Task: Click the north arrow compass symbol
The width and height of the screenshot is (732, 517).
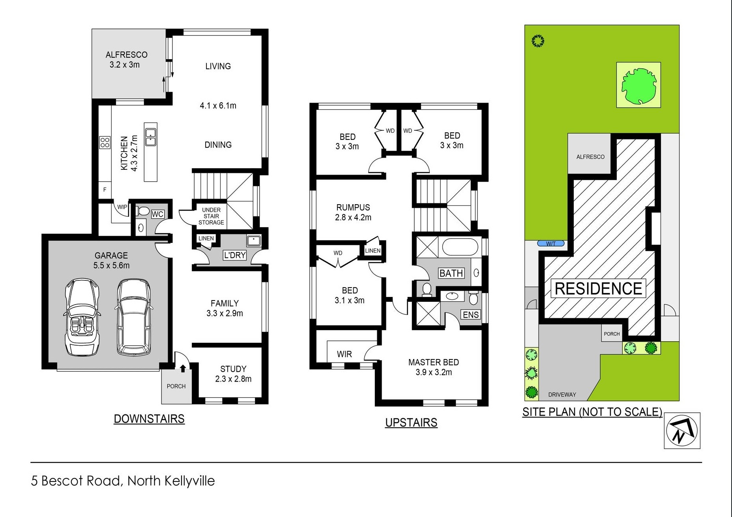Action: (681, 431)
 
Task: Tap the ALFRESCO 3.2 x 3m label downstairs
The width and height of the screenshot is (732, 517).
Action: (126, 60)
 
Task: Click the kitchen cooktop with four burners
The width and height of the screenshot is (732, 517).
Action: (105, 142)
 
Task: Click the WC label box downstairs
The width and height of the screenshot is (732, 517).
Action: (157, 214)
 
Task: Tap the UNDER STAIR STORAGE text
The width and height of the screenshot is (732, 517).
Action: (211, 216)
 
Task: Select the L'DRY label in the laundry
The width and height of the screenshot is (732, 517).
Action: (235, 255)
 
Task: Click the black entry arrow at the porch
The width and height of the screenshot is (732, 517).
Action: (183, 368)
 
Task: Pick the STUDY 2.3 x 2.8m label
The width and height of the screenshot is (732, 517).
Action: (233, 374)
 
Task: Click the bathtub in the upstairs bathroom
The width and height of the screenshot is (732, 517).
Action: (460, 248)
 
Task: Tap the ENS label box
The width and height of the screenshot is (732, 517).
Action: (471, 314)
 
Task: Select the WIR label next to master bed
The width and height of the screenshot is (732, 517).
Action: (344, 354)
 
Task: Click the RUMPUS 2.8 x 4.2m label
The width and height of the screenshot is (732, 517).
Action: (353, 212)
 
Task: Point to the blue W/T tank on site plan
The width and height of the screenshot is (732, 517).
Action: (551, 244)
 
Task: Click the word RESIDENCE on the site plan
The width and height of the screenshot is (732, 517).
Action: (598, 289)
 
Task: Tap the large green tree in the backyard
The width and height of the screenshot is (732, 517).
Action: (638, 86)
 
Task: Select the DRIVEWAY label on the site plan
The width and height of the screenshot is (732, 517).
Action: (562, 394)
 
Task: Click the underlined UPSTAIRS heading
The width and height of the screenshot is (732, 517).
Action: (411, 423)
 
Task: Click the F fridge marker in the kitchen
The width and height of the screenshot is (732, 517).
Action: (105, 190)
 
